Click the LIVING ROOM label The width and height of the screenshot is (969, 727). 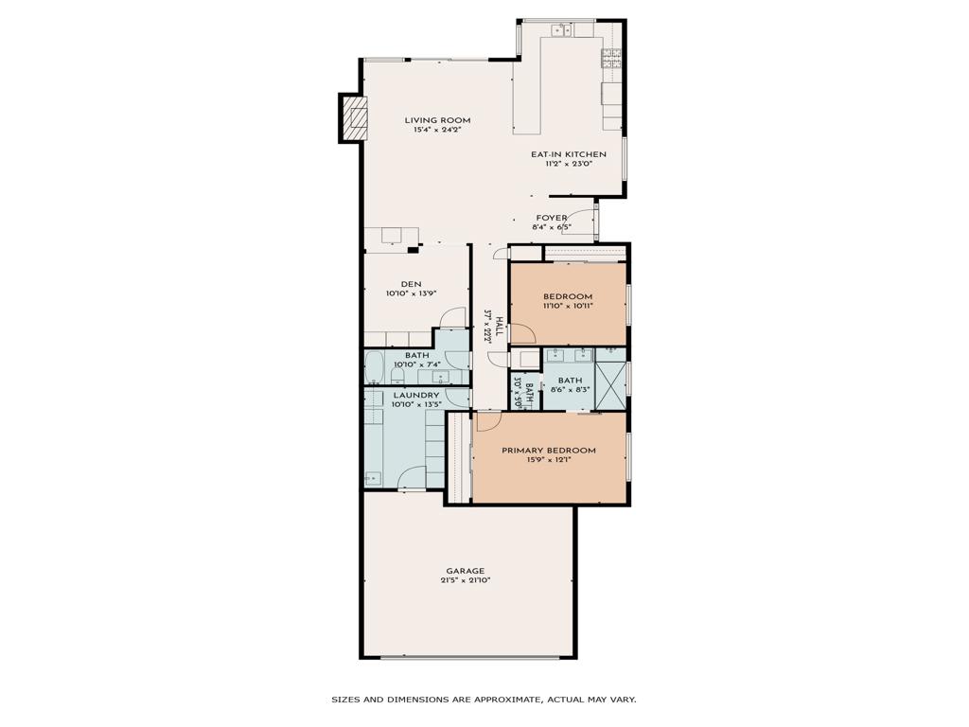pos(437,120)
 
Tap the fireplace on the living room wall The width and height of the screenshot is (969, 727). pos(355,117)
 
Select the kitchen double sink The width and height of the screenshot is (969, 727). pos(561,30)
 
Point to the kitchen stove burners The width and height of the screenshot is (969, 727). pos(610,58)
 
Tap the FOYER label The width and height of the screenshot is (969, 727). pos(552,218)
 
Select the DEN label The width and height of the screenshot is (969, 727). pos(411,283)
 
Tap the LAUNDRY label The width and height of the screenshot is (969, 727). pos(416,395)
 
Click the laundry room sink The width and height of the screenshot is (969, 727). pos(374,478)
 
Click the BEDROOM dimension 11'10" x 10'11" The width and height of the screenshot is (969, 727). pos(568,306)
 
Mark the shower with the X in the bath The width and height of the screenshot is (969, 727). pos(610,379)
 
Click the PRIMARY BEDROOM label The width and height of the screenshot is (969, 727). pos(549,451)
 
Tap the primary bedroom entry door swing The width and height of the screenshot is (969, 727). pos(487,420)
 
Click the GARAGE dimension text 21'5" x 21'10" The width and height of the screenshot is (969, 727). pos(466,580)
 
